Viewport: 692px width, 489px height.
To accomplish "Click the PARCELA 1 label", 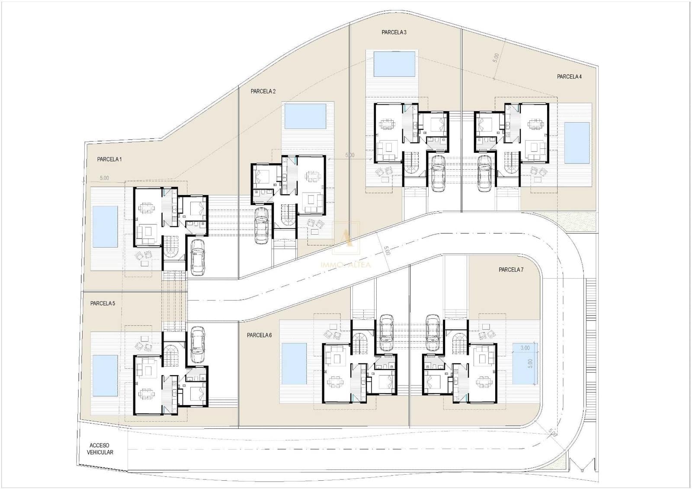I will click(109, 159).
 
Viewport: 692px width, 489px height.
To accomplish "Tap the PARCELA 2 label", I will click(263, 91).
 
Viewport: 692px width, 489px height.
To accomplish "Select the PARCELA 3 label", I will click(394, 32).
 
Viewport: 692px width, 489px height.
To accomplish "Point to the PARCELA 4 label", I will click(569, 77).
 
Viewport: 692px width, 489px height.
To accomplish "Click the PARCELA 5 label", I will click(103, 303).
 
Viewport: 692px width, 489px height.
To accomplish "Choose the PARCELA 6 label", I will click(259, 335).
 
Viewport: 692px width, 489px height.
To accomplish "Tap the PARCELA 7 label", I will click(511, 270).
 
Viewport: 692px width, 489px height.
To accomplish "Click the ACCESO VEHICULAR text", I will click(100, 449).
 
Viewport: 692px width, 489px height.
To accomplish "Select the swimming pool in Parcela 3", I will click(394, 64).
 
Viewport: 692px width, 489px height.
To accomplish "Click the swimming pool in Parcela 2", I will click(306, 116).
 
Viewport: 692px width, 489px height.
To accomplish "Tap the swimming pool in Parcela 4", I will click(577, 142).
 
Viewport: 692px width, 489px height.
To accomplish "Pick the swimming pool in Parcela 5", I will click(105, 376).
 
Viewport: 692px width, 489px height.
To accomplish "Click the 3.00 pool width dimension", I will click(525, 348).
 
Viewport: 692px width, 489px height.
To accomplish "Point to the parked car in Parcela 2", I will click(263, 225).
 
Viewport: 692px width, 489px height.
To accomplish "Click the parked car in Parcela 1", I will click(198, 257).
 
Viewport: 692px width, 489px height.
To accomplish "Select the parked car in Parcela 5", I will click(197, 344).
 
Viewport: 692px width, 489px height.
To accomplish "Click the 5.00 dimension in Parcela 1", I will click(104, 178).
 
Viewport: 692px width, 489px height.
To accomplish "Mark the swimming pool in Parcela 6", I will click(294, 364).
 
